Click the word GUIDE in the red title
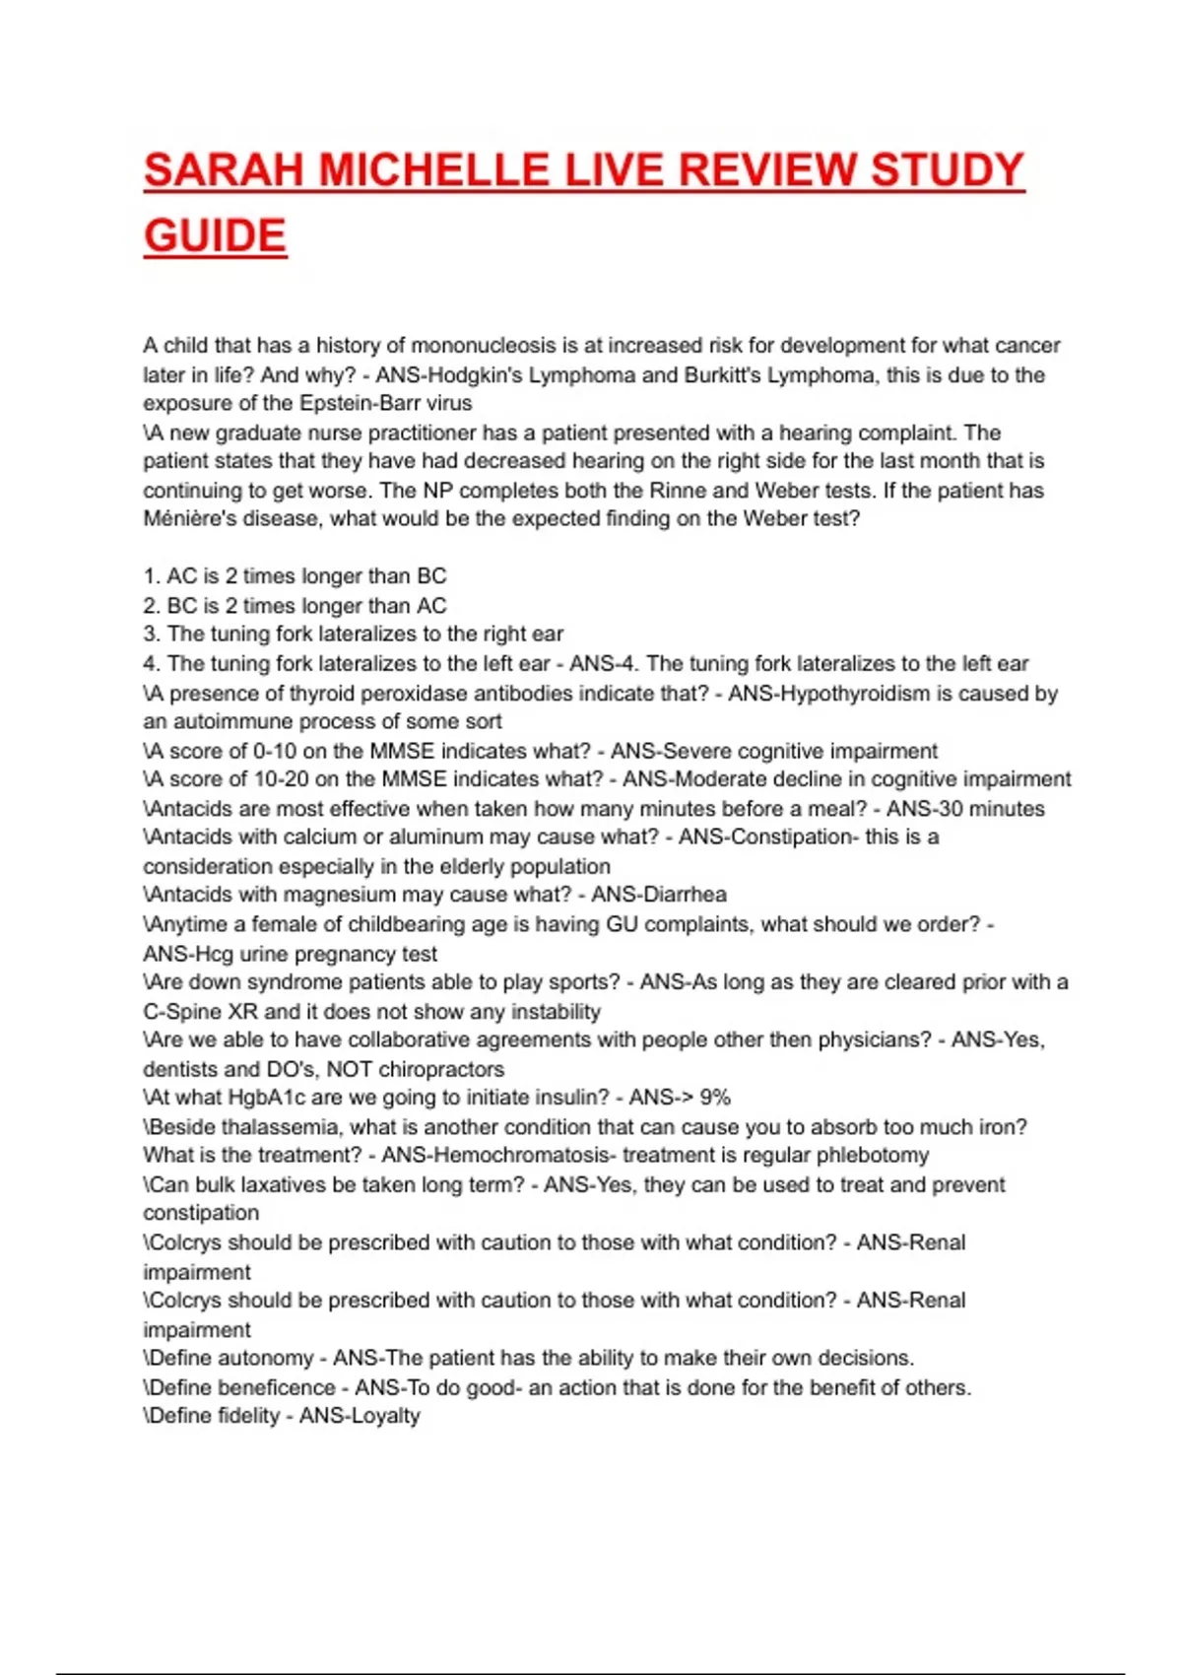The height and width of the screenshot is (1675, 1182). click(x=215, y=236)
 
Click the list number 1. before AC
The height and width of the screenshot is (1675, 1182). click(x=152, y=576)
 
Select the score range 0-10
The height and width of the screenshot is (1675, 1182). click(x=275, y=751)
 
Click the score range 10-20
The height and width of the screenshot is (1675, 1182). click(x=281, y=779)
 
